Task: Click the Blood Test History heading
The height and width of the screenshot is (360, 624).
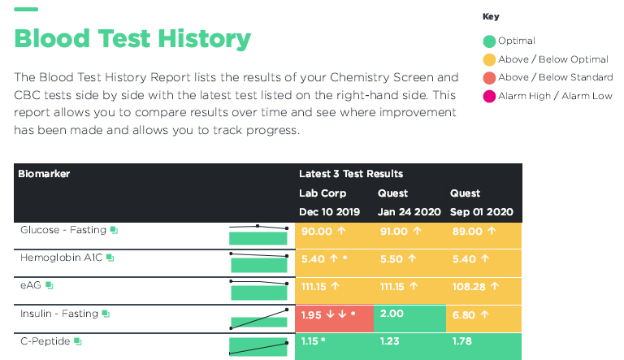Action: (132, 38)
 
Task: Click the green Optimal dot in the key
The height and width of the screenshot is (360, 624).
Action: (489, 41)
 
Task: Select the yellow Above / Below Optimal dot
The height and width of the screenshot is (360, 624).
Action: (489, 59)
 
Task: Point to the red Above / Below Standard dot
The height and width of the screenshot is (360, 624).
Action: (489, 77)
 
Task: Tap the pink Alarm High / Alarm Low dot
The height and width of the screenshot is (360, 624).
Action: (489, 96)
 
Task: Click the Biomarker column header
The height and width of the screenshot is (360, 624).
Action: (44, 174)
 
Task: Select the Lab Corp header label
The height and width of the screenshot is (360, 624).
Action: (323, 193)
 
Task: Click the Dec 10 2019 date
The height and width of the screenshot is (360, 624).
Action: (331, 212)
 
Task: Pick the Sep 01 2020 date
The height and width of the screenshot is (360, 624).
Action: (482, 212)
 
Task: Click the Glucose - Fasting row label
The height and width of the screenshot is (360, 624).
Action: (63, 230)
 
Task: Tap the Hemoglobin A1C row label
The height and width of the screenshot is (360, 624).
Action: (61, 258)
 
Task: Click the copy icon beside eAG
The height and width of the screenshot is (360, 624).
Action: (50, 285)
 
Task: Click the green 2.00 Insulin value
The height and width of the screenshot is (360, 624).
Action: (392, 314)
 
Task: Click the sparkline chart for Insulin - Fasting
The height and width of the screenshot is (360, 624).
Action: (259, 317)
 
